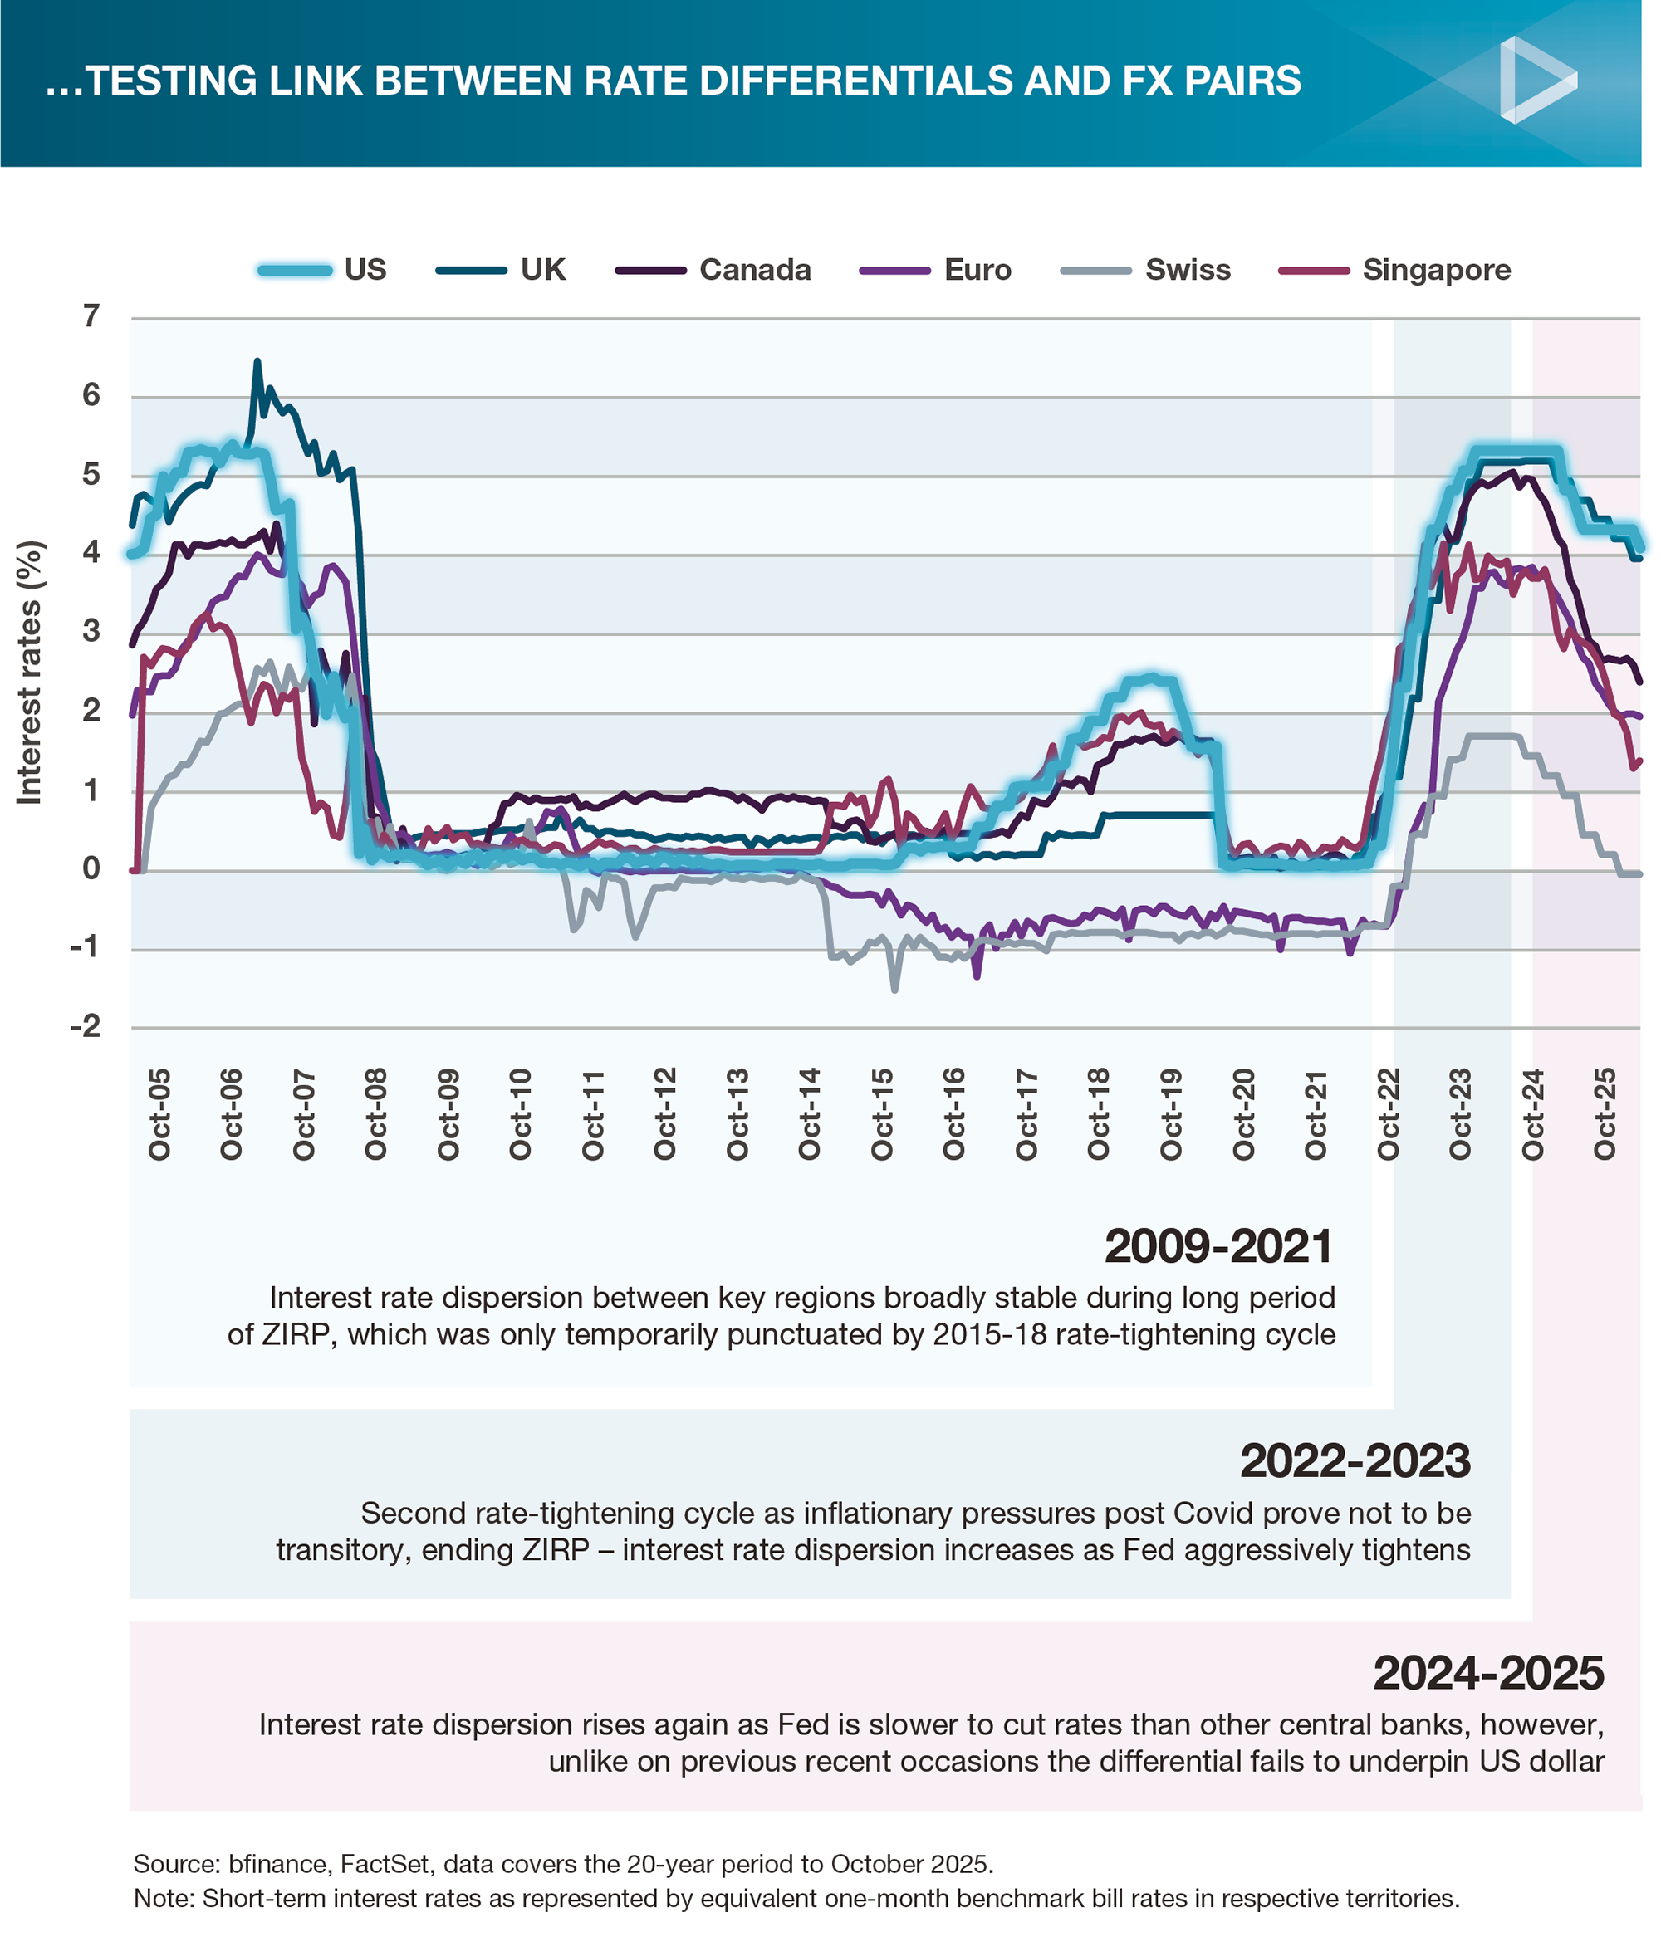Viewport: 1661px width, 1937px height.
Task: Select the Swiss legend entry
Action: [1146, 270]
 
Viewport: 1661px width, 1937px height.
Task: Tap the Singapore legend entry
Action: [1394, 270]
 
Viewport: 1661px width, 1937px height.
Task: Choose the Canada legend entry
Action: [713, 270]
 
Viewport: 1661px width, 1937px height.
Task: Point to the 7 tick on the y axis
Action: [91, 317]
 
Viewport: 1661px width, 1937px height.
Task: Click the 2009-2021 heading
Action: [1218, 1246]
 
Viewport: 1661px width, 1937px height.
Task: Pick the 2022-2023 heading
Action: [1355, 1460]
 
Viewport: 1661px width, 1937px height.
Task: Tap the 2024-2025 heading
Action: [1489, 1672]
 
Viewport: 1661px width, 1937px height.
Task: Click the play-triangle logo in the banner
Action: [1534, 81]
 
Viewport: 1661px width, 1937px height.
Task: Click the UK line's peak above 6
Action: [257, 361]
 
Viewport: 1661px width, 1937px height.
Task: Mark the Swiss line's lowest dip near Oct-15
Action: [895, 990]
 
